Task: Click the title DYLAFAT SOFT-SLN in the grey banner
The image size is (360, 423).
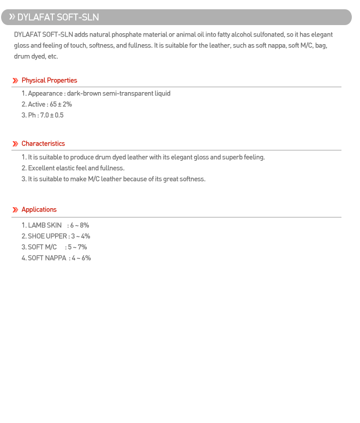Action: tap(58, 17)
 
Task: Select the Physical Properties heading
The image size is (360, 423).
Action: tap(49, 81)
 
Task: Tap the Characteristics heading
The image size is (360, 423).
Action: tap(43, 144)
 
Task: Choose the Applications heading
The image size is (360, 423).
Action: tap(39, 210)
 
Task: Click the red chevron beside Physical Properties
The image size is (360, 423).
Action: tap(15, 81)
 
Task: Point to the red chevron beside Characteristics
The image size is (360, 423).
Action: tap(15, 144)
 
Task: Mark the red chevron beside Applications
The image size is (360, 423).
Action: tap(15, 210)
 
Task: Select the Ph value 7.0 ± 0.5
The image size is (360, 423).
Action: tap(52, 116)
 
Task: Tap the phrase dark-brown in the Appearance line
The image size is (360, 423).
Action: tap(84, 94)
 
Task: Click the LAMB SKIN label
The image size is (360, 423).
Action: tap(45, 226)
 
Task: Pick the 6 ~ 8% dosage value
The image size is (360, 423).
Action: tap(79, 226)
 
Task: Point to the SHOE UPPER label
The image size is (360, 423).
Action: tap(47, 237)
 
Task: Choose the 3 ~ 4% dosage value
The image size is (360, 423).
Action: tap(81, 237)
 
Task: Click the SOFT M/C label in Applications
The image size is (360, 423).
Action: tap(42, 247)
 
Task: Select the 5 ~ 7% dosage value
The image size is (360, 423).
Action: tap(77, 247)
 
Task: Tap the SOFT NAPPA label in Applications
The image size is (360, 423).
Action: tap(47, 258)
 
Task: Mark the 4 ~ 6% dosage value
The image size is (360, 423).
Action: tap(81, 258)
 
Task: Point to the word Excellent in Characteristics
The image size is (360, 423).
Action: tap(41, 168)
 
